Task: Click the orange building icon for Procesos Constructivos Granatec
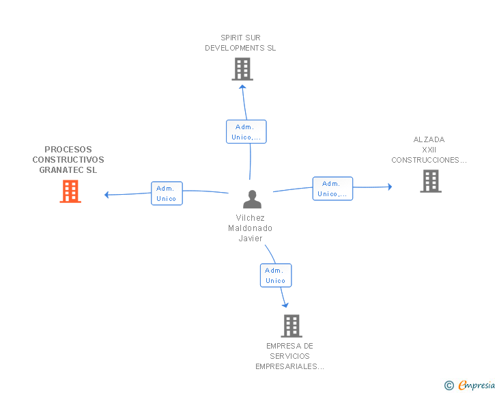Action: [70, 191]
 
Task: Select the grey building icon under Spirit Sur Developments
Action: [242, 69]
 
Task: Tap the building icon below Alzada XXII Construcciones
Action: [431, 181]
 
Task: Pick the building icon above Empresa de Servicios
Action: [292, 326]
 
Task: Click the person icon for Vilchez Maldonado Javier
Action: [252, 199]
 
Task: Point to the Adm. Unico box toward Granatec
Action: [167, 193]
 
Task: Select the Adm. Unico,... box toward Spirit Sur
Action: [246, 132]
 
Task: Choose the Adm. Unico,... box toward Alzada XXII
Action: [332, 189]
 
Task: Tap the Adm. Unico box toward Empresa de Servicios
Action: [276, 275]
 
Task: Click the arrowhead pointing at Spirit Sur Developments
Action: [242, 87]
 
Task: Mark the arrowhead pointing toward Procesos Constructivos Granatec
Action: [106, 195]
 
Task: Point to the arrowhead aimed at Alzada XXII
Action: [390, 187]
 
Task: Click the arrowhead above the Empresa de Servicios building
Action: [285, 305]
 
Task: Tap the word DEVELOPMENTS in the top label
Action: [235, 48]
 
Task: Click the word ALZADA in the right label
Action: [429, 139]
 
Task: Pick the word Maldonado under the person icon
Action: [250, 228]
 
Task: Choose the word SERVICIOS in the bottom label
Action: [289, 356]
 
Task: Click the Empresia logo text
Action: [477, 385]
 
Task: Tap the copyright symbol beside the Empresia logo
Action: [449, 385]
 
